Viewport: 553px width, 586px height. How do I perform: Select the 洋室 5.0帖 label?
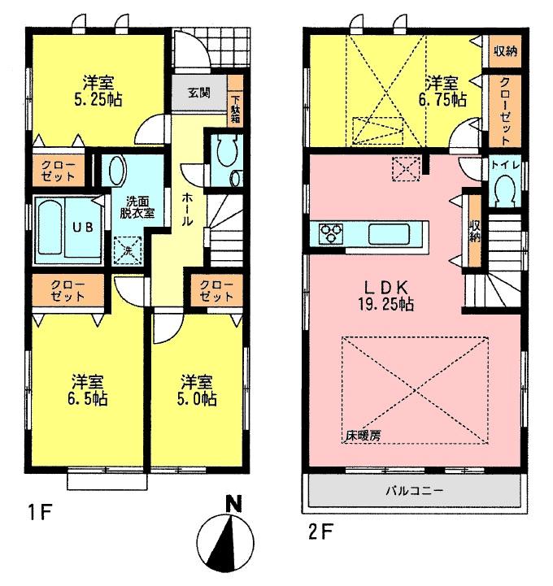point(198,390)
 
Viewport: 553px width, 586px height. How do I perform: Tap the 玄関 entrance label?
point(199,92)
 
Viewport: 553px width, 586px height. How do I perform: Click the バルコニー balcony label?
point(414,491)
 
